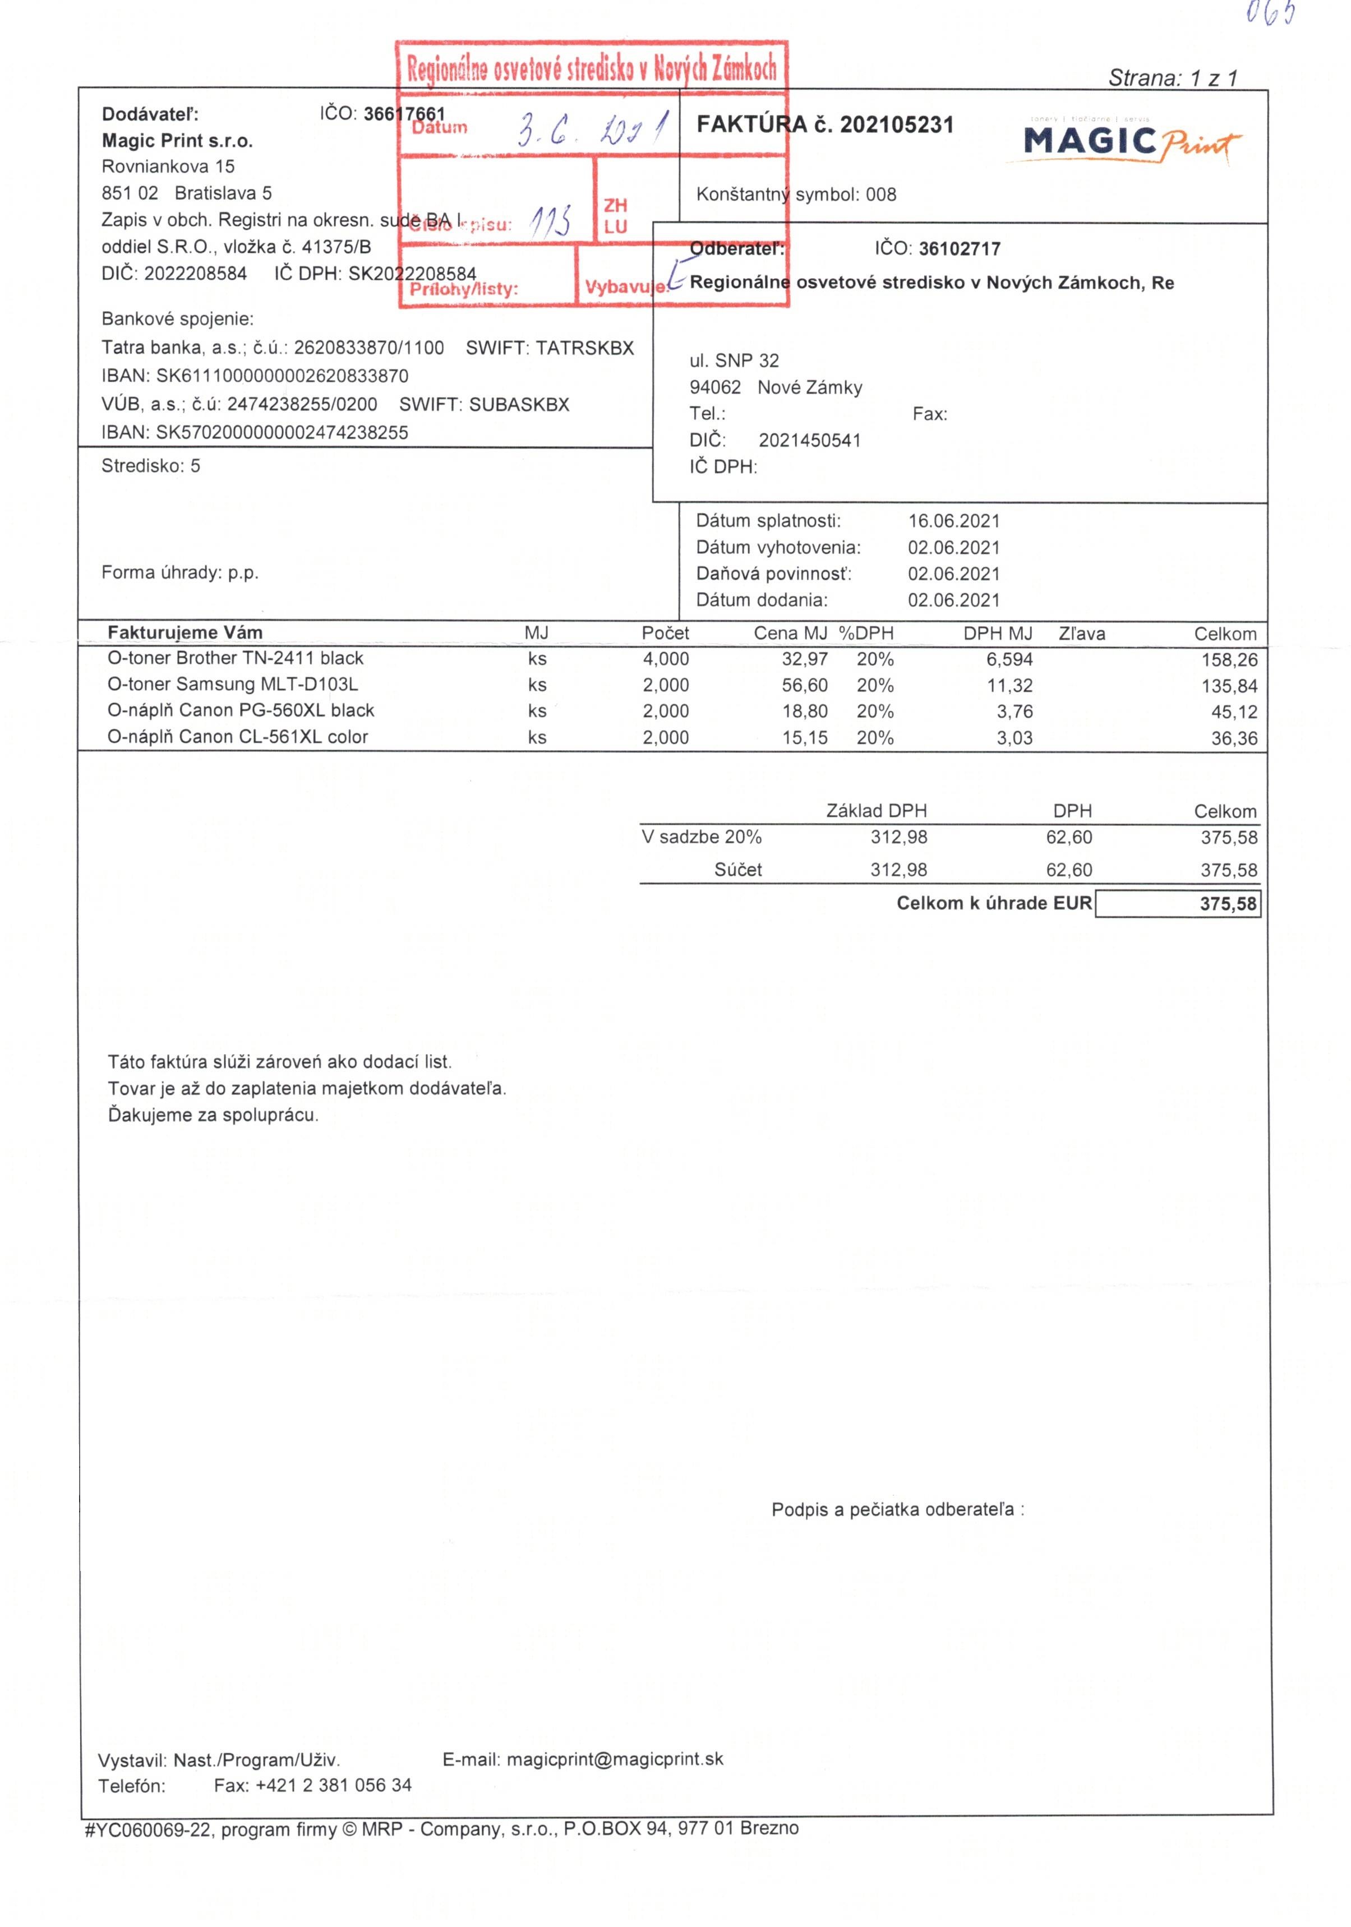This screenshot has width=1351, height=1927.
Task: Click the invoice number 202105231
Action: coord(896,125)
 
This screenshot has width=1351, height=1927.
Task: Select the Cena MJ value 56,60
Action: coord(804,685)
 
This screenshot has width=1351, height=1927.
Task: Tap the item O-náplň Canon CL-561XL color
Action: coord(238,737)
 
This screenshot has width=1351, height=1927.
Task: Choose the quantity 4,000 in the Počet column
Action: coord(665,659)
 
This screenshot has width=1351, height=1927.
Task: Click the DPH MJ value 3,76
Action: coord(1015,711)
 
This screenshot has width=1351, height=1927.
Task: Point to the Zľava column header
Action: coord(1081,634)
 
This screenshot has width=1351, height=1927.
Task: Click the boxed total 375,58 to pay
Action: coord(1228,904)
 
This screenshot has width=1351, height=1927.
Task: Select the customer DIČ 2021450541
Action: coord(809,441)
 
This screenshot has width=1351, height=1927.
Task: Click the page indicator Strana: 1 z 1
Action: coord(1172,78)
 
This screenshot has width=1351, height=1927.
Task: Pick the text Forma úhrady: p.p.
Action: coord(179,572)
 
